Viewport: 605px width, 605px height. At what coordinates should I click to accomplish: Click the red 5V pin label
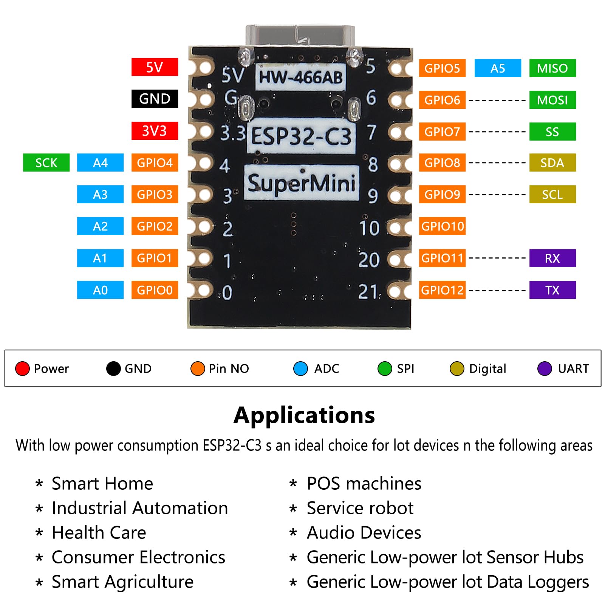pos(155,67)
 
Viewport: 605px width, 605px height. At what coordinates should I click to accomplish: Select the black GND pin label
pos(155,99)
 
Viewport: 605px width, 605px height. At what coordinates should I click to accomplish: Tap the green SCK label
pos(46,163)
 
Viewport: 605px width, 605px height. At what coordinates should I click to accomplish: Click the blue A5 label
pos(497,68)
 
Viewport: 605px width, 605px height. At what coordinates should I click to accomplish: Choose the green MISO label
pos(552,68)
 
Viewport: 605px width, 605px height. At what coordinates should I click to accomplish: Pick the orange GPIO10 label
pos(442,226)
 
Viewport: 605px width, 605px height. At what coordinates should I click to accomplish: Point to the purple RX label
pos(552,258)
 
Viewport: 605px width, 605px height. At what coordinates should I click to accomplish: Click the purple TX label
pos(552,290)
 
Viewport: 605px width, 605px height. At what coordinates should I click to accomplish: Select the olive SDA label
pos(552,163)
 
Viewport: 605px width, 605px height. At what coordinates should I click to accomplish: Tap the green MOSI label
pos(552,100)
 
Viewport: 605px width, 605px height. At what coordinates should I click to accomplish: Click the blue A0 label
pos(100,290)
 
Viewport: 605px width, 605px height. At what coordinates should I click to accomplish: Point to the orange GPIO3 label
pos(155,195)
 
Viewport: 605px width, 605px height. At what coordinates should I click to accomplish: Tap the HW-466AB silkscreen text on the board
pos(300,77)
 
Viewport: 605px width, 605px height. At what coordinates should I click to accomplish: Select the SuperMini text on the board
pos(301,183)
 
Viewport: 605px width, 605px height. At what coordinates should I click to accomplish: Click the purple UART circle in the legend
pos(545,368)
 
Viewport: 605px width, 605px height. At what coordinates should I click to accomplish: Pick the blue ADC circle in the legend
pos(300,368)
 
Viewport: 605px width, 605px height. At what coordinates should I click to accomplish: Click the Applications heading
pos(304,415)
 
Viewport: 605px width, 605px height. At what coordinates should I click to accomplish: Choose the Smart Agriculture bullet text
pos(122,582)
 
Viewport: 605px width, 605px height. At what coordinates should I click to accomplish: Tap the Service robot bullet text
pos(360,508)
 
